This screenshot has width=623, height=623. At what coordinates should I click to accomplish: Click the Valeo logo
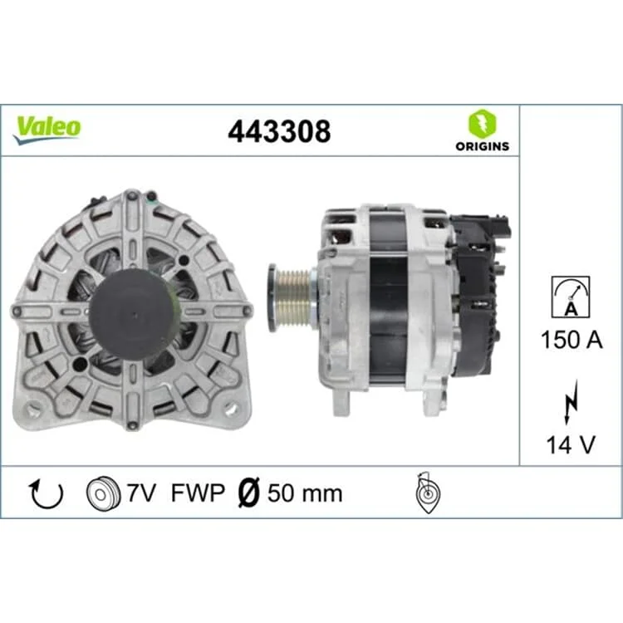pos(47,129)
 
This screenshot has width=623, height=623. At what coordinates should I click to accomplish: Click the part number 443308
pos(279,131)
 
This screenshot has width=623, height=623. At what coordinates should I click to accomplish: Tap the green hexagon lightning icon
pos(483,123)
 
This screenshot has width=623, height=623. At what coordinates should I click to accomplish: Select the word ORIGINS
pos(483,146)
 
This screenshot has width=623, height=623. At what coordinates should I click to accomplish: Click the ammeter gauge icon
pos(571,297)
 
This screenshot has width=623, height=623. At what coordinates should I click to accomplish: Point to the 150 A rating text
pos(571,340)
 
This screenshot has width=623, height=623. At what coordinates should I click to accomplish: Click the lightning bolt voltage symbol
pos(571,401)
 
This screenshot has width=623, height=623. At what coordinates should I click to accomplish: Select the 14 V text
pos(571,444)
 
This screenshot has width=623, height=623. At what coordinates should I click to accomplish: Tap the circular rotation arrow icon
pos(47,493)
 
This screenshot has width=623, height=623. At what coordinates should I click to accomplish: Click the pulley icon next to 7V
pos(103,493)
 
